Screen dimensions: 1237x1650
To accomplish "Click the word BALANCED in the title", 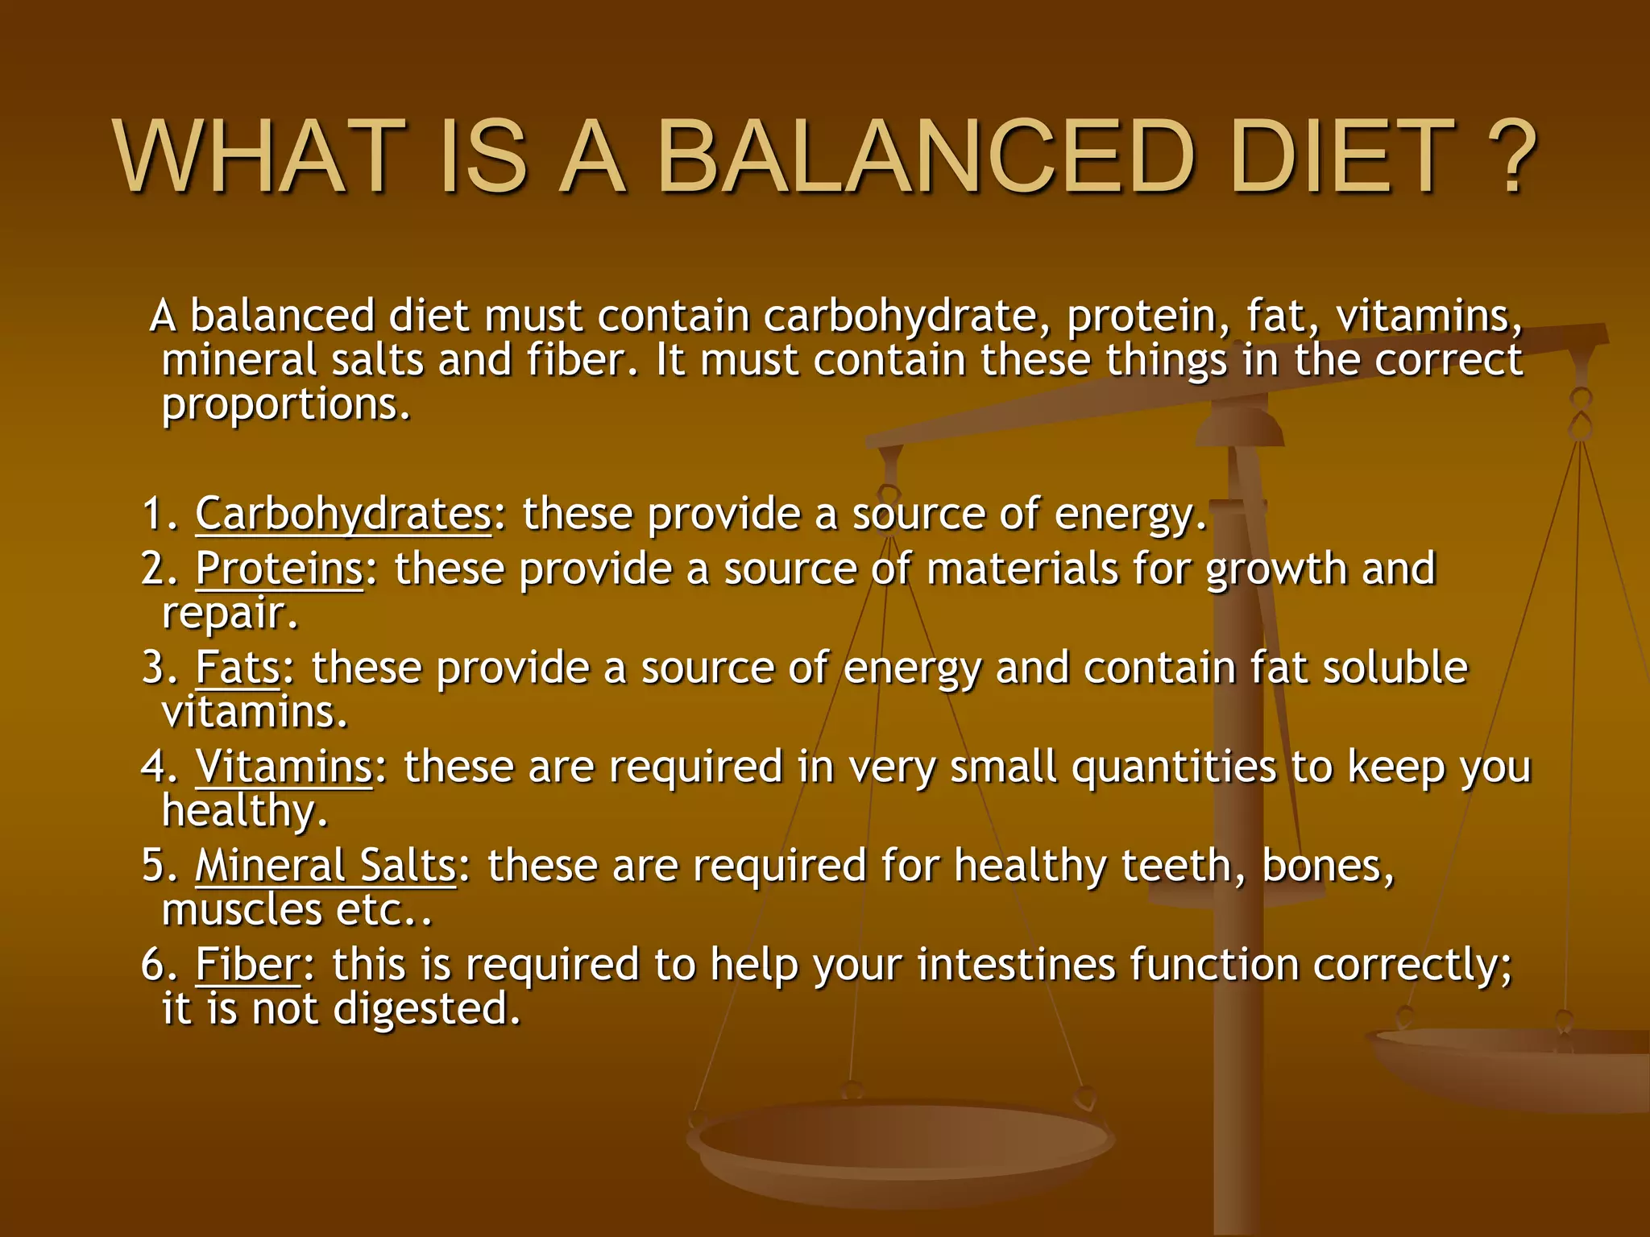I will tap(927, 157).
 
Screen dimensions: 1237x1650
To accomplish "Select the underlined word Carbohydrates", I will tap(343, 514).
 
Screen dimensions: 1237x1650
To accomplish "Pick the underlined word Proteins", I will tap(279, 569).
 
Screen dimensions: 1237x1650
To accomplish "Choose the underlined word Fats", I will tap(238, 668).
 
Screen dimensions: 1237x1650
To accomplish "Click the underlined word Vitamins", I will tap(284, 767).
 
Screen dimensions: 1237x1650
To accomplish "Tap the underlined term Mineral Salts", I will tap(325, 867).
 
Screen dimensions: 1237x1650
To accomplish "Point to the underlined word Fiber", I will tap(247, 965).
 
